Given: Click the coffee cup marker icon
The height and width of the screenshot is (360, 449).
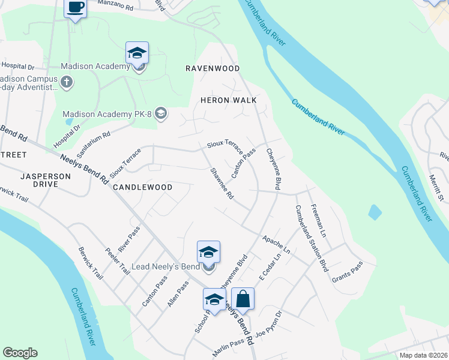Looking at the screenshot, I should click(75, 8).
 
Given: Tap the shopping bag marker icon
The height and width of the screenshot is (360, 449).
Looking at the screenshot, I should click(243, 298).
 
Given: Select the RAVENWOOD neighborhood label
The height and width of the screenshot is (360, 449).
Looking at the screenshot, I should click(212, 69).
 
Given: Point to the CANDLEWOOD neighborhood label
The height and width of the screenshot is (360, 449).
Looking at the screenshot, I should click(142, 187).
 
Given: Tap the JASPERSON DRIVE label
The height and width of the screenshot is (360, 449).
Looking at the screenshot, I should click(46, 180).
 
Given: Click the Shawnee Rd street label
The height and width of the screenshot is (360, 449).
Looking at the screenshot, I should click(221, 184).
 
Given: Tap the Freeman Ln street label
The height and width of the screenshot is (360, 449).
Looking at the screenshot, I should click(318, 219).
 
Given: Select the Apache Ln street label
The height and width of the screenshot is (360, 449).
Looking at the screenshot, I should click(276, 244).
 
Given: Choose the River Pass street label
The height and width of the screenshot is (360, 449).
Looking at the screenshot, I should click(129, 239).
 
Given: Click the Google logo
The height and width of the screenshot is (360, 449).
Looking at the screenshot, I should click(20, 353).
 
